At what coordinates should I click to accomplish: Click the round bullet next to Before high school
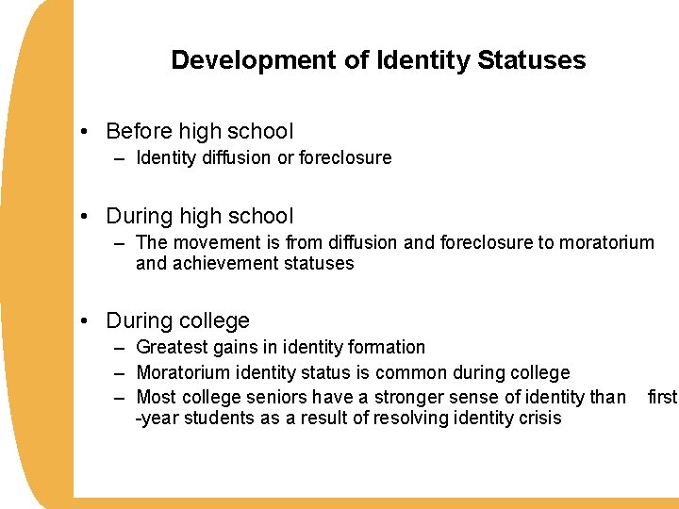[86, 132]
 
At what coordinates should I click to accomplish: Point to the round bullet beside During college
[86, 321]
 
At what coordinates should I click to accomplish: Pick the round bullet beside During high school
[86, 217]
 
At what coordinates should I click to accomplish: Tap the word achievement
[215, 264]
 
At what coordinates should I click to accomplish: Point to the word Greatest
[172, 348]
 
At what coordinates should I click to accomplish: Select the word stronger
[410, 397]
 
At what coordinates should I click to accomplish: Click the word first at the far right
[662, 397]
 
